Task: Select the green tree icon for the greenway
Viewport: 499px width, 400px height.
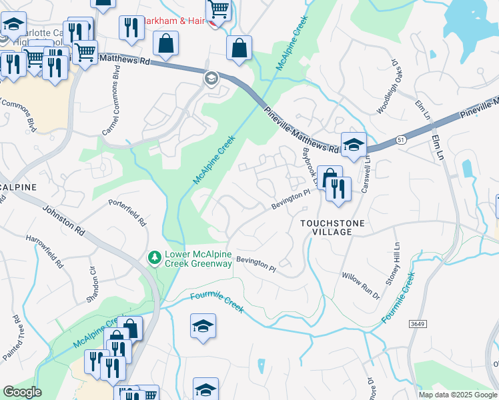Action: pyautogui.click(x=155, y=257)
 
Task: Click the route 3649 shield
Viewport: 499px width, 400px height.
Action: pyautogui.click(x=418, y=323)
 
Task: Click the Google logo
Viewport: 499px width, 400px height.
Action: pyautogui.click(x=21, y=392)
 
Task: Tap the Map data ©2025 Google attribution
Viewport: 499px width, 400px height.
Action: pyautogui.click(x=458, y=395)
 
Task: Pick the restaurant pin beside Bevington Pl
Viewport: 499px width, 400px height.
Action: pyautogui.click(x=339, y=189)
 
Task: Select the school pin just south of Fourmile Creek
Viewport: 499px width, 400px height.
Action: pyautogui.click(x=203, y=326)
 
